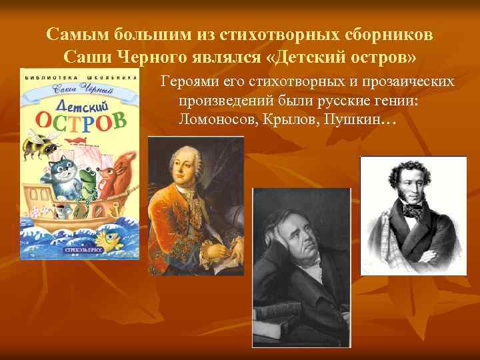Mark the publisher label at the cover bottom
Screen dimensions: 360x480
[81, 250]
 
